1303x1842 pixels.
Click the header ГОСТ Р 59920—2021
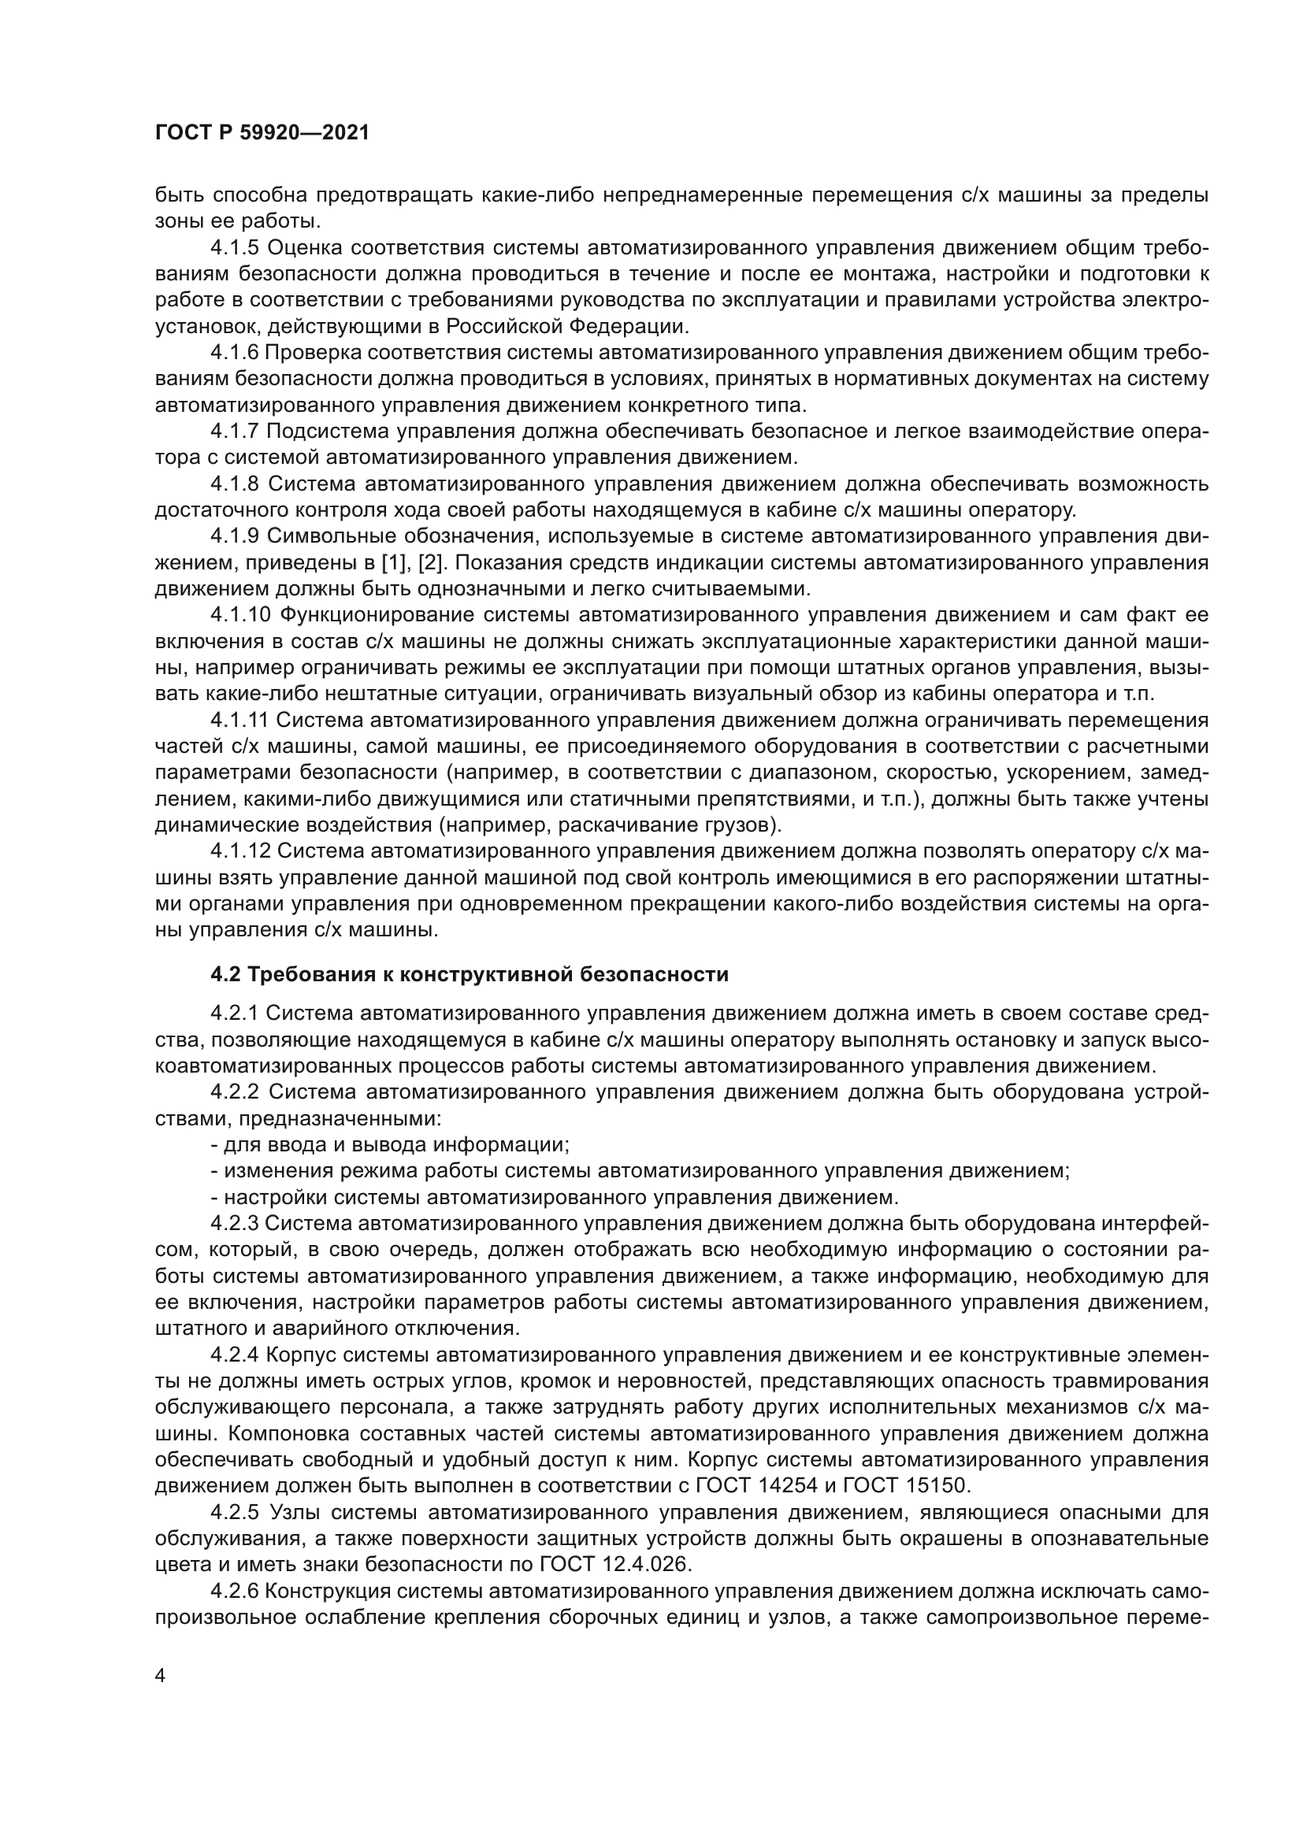(262, 133)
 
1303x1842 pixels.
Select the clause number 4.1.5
(235, 248)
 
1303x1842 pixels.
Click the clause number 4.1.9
(235, 536)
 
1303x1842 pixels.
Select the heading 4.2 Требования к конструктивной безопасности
(470, 975)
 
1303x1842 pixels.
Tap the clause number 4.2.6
(235, 1591)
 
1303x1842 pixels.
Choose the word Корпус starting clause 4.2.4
(300, 1355)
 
